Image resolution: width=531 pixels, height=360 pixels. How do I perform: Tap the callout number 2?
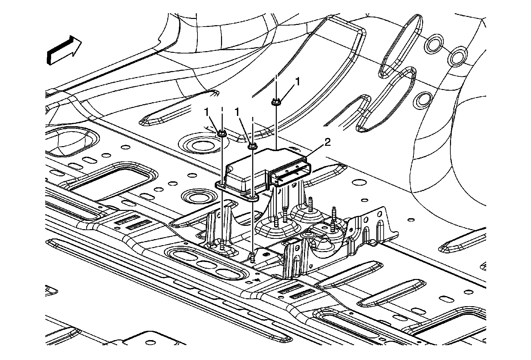327,143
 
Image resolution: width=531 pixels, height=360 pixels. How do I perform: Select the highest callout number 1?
298,82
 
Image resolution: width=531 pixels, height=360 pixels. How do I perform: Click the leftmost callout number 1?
207,113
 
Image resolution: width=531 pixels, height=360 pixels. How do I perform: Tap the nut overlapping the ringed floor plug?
222,134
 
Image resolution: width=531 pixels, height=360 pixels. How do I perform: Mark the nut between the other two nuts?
253,145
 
